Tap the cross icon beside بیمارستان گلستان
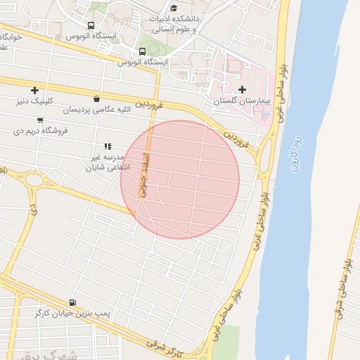243,89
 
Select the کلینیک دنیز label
35,101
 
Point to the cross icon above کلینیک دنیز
34,89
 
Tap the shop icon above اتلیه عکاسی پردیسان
96,98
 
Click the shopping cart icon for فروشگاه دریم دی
39,120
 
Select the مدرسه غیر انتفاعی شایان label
105,162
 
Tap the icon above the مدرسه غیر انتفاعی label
108,146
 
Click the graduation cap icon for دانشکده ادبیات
174,8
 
